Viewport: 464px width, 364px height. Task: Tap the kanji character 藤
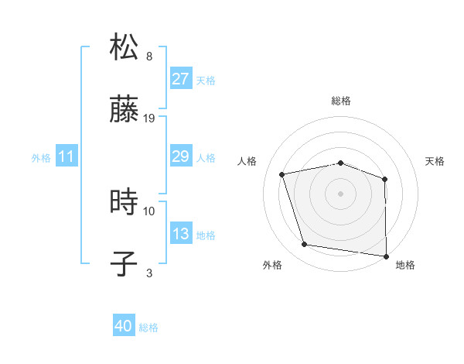coord(125,112)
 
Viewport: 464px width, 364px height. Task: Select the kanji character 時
coord(125,203)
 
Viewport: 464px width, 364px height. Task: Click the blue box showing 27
coord(180,79)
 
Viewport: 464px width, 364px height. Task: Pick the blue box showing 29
coord(180,156)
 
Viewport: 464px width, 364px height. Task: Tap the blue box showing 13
coord(180,234)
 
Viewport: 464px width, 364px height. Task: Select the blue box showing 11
coord(67,156)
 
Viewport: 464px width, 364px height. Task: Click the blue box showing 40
coord(124,327)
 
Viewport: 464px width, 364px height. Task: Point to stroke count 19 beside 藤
coord(149,118)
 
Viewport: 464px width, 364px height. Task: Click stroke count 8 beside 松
coord(149,57)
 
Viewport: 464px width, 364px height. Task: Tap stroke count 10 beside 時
coord(149,210)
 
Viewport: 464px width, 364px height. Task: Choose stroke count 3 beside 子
coord(149,272)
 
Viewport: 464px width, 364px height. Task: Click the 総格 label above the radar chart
coord(341,101)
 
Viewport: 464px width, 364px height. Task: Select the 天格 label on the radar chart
coord(435,161)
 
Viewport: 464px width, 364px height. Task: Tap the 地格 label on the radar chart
coord(405,265)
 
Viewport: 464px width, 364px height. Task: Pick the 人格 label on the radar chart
coord(247,161)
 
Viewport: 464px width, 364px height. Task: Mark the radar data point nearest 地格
coord(386,255)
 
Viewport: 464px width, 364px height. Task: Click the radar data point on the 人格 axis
coord(282,174)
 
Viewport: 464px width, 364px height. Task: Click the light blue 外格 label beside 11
coord(41,157)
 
